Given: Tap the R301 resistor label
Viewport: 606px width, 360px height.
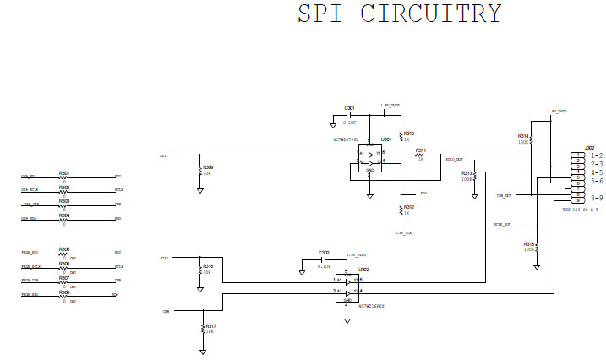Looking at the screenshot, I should [x=64, y=172].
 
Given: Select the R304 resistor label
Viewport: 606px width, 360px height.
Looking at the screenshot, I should [x=64, y=215].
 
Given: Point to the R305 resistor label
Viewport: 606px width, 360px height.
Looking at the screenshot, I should [x=64, y=249].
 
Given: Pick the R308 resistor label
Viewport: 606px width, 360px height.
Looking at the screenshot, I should [x=64, y=292].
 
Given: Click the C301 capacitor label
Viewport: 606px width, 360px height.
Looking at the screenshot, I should [x=349, y=108].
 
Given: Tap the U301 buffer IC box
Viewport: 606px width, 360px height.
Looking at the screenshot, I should [x=369, y=158].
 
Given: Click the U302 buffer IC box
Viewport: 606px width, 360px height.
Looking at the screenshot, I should [x=348, y=285].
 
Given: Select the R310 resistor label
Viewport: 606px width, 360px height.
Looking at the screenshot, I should [x=409, y=134].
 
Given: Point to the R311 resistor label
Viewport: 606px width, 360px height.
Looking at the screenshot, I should [x=420, y=150].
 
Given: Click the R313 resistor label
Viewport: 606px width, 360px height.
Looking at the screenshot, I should [x=467, y=172].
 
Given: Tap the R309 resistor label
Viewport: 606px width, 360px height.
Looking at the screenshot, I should [x=208, y=167].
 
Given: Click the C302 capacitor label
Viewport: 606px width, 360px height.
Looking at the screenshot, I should [x=324, y=253].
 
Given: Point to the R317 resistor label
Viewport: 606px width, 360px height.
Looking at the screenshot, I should [x=210, y=325].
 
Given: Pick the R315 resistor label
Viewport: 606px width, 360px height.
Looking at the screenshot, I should [x=528, y=243].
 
